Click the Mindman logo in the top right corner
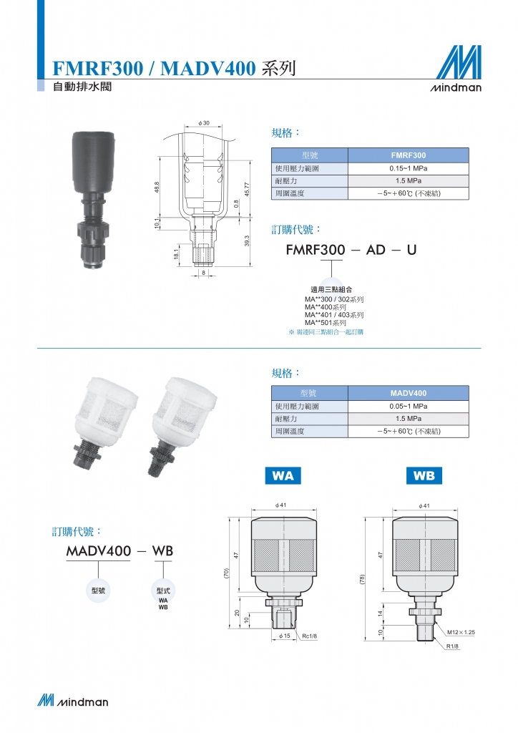tap(456, 68)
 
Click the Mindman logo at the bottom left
tap(73, 700)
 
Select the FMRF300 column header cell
tap(409, 155)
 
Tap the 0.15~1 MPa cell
tap(409, 168)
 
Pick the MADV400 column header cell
tap(409, 393)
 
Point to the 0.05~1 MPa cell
tap(409, 407)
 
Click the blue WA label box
tap(283, 475)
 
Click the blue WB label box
tap(424, 475)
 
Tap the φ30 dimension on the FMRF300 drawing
tap(204, 123)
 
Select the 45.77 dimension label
tap(247, 189)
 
